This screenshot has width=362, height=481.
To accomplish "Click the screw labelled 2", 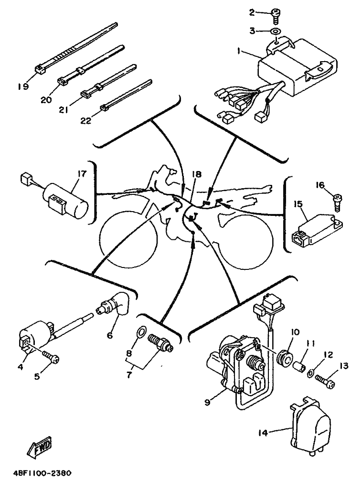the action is [x=276, y=15].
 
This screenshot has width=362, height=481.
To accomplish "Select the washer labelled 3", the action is [x=276, y=31].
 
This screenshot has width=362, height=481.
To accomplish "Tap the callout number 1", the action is [x=239, y=51].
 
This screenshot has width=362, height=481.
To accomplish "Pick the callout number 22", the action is [x=86, y=120].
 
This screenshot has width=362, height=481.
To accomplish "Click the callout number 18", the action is [x=196, y=174].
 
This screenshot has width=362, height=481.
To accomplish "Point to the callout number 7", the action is [x=129, y=374].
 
